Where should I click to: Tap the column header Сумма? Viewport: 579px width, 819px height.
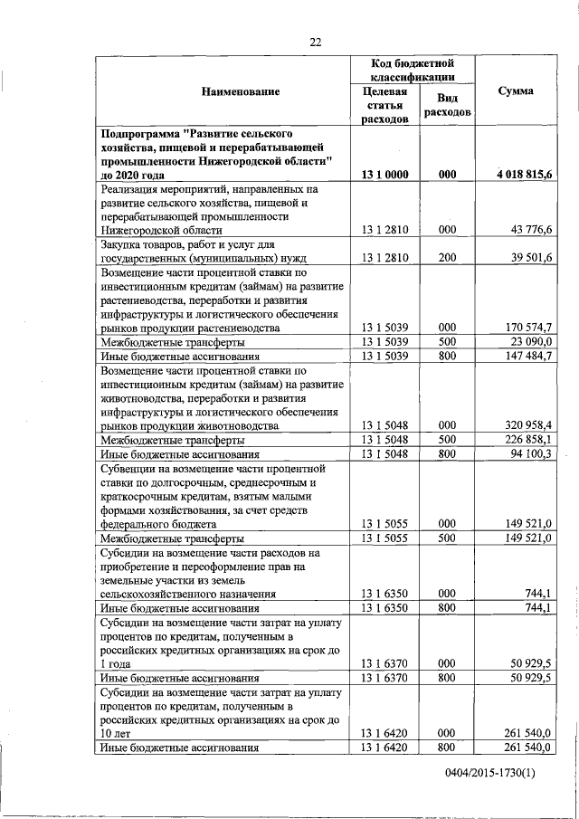(516, 91)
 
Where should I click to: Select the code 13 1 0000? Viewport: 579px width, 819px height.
(384, 174)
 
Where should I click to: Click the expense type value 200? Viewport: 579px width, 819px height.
(446, 258)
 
